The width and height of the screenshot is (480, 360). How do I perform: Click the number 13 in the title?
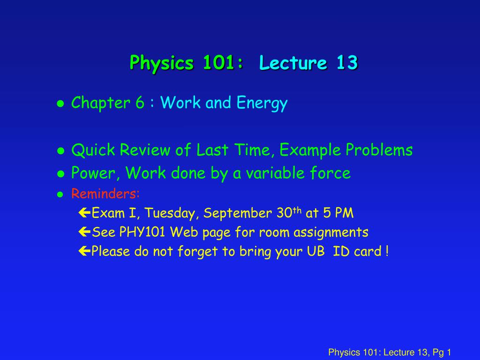click(346, 62)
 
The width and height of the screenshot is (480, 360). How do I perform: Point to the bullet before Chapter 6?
click(60, 104)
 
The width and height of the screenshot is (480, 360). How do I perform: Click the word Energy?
click(262, 103)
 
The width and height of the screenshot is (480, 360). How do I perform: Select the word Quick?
click(93, 150)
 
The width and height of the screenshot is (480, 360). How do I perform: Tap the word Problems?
click(379, 150)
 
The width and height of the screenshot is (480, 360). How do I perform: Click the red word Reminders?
click(105, 194)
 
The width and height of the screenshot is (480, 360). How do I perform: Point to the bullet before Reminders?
click(60, 195)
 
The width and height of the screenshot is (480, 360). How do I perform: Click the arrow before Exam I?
click(84, 214)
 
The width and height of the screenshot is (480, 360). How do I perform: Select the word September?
click(238, 214)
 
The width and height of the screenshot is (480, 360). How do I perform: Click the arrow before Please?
click(84, 252)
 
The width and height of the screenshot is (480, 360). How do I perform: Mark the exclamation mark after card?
click(386, 251)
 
